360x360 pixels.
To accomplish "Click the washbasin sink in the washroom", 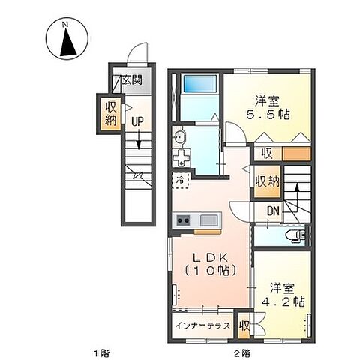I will click(x=180, y=138).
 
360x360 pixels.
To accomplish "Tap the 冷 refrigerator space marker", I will click(x=181, y=180).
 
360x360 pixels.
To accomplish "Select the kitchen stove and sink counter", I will click(x=196, y=220).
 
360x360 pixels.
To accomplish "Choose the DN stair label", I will click(x=274, y=212).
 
